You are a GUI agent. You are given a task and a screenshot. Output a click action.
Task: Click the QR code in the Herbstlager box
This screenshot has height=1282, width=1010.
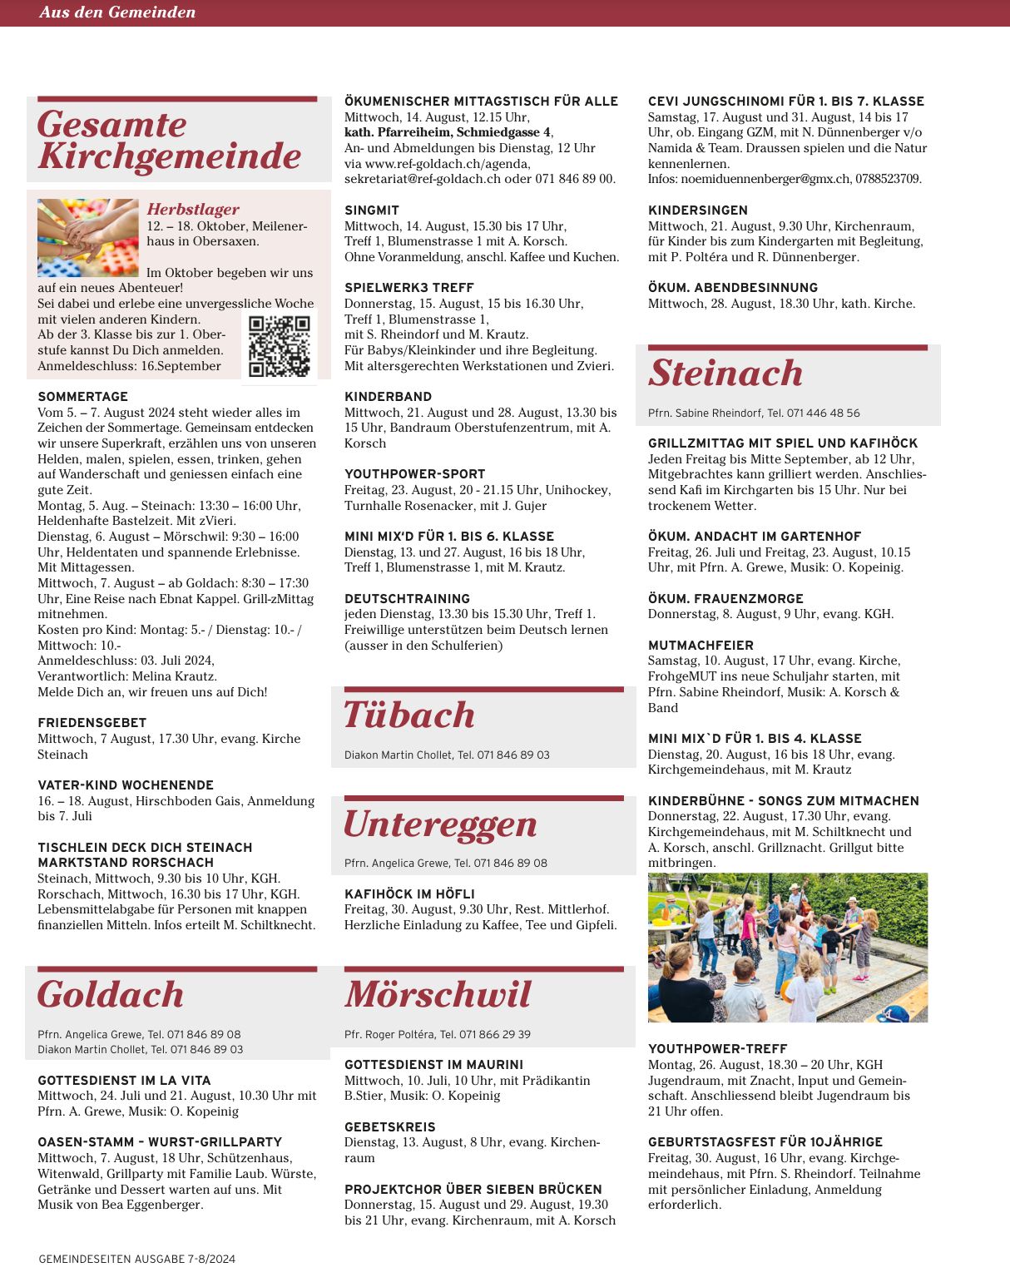click(x=279, y=346)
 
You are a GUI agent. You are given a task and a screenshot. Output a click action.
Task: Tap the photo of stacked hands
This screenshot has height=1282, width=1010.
click(x=87, y=237)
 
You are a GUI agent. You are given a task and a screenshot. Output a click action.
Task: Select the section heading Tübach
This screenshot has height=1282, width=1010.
click(x=409, y=715)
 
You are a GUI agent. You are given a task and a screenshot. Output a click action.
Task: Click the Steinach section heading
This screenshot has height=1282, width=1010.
click(x=725, y=373)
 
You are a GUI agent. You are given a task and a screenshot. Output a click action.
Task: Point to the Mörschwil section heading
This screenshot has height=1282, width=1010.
click(x=438, y=995)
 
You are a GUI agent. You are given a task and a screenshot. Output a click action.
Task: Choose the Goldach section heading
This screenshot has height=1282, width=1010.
click(x=111, y=995)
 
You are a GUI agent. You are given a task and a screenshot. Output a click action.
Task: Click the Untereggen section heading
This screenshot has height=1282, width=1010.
click(x=440, y=824)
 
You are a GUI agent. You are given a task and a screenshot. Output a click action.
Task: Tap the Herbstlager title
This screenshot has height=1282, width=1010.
click(x=193, y=210)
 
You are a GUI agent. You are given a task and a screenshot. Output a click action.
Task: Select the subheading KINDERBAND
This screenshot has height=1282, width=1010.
click(x=388, y=397)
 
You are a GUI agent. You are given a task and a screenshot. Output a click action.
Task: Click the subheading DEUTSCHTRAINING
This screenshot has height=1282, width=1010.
click(x=407, y=599)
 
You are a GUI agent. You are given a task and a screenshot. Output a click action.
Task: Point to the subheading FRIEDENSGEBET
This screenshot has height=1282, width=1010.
click(x=92, y=723)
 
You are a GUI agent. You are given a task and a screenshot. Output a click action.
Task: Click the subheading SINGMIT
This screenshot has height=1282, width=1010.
click(x=372, y=210)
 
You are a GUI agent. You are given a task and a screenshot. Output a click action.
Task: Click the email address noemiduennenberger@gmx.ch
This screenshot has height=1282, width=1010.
click(x=766, y=179)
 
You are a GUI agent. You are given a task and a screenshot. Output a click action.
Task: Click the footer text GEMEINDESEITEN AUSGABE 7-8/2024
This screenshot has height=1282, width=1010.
click(x=136, y=1259)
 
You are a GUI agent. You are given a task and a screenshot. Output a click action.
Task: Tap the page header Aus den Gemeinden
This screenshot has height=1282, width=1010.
click(x=117, y=12)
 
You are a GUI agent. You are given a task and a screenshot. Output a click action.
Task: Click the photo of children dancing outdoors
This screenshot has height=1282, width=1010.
click(x=787, y=948)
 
